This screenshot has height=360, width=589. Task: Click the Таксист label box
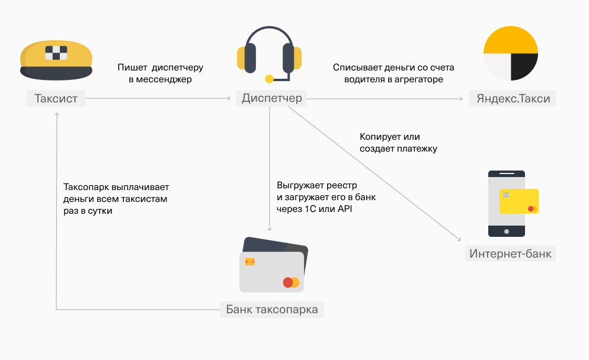[56, 98]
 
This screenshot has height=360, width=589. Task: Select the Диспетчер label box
[271, 98]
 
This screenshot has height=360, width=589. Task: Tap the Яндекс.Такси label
[513, 99]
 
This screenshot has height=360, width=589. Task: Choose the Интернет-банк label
[510, 254]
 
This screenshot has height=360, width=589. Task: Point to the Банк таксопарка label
[272, 310]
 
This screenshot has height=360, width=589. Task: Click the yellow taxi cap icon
[56, 59]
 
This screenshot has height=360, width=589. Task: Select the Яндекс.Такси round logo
[510, 53]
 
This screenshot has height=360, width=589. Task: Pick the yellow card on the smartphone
[519, 201]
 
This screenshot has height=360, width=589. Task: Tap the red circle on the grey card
[288, 282]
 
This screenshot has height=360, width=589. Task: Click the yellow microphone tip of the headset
[269, 79]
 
